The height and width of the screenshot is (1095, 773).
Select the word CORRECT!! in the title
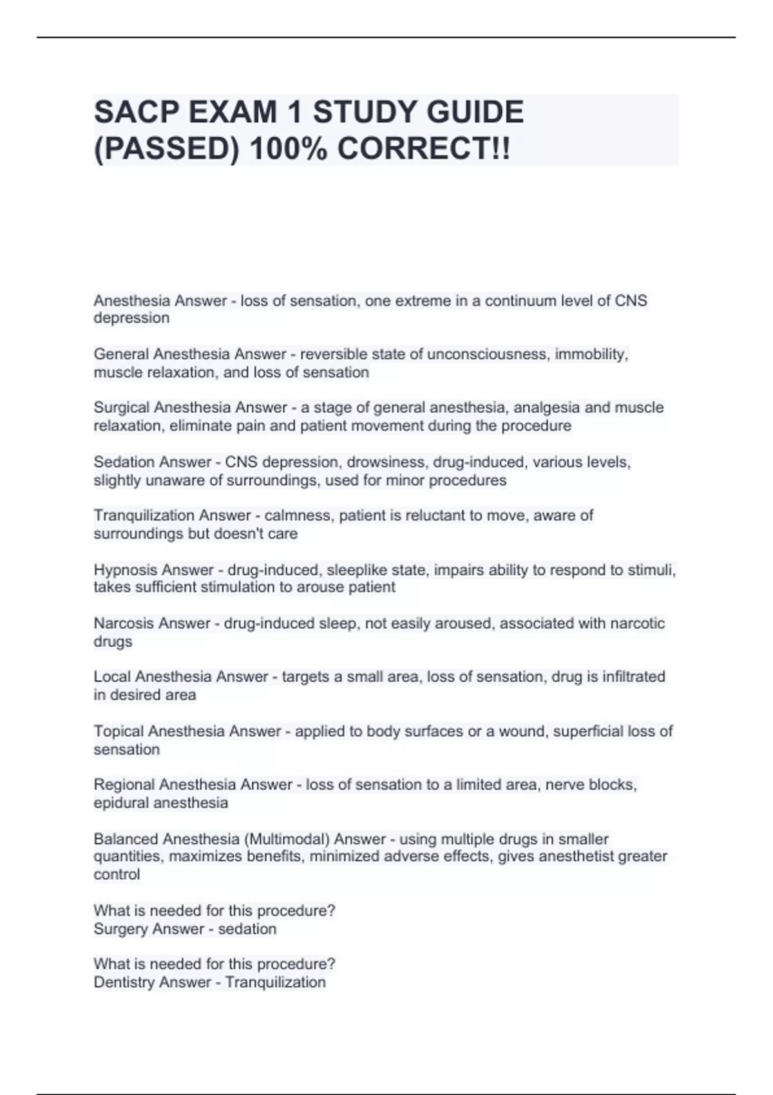423,150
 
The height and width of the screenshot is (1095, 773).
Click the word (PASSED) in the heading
166,150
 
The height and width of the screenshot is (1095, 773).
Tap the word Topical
119,731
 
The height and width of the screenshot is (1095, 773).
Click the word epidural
120,803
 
